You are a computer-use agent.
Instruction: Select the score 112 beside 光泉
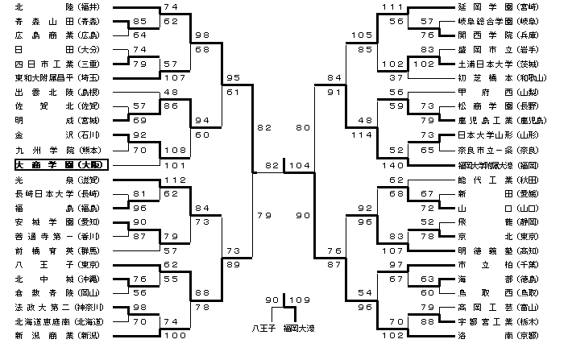click(x=169, y=179)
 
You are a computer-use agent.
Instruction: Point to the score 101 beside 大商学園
click(x=169, y=164)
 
